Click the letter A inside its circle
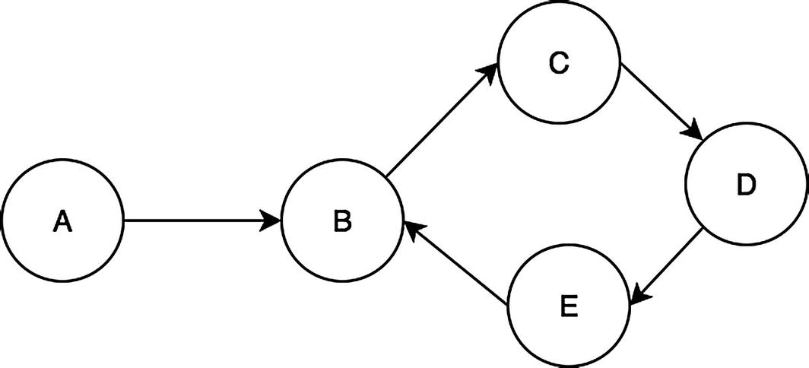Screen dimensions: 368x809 (x=62, y=221)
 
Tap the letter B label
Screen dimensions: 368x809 (x=341, y=221)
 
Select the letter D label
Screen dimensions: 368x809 (x=746, y=185)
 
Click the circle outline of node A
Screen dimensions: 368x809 (x=62, y=161)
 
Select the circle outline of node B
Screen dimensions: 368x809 (x=342, y=161)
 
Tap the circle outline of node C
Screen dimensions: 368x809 (x=559, y=5)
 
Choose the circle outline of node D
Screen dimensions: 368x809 (x=747, y=125)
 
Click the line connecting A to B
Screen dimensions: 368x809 (x=198, y=221)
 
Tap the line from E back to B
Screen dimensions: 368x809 (x=460, y=267)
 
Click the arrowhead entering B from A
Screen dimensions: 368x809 (x=271, y=221)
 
